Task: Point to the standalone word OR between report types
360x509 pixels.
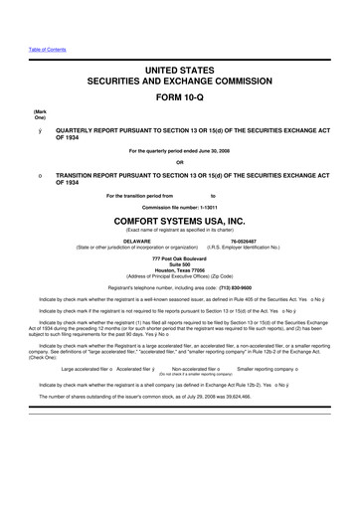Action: (180, 163)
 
